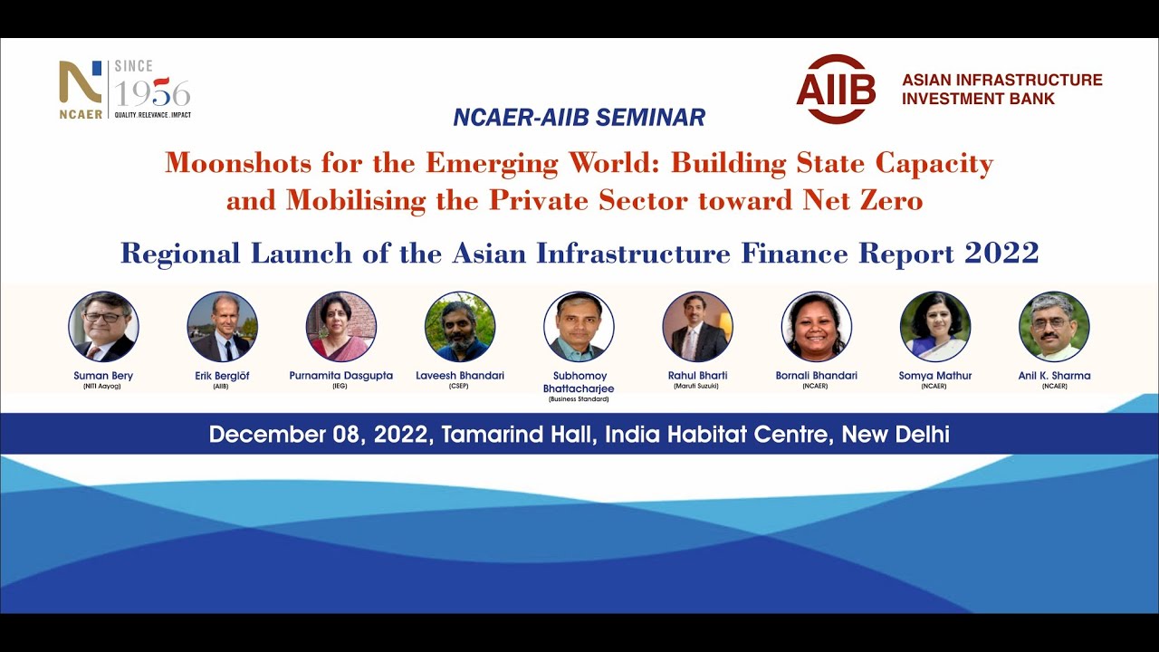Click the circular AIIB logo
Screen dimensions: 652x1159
click(x=836, y=89)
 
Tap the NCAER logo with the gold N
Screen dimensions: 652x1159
click(x=81, y=89)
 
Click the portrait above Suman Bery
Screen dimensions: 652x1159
click(x=103, y=326)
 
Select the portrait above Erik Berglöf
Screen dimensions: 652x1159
click(x=222, y=326)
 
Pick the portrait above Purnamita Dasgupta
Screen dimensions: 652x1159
click(x=340, y=326)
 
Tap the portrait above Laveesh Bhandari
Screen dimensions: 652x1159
click(x=460, y=326)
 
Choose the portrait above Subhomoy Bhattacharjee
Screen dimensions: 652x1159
click(x=579, y=326)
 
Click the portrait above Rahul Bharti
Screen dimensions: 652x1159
click(x=697, y=326)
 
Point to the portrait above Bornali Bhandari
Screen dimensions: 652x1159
click(x=816, y=326)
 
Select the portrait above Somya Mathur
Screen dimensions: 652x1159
click(x=935, y=326)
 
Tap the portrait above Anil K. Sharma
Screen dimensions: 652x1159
click(x=1054, y=326)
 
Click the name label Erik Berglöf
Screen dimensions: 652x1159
click(x=222, y=376)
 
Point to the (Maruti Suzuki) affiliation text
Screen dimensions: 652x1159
click(x=697, y=387)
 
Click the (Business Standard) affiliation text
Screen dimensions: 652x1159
click(x=579, y=398)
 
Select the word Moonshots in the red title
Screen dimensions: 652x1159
click(x=232, y=164)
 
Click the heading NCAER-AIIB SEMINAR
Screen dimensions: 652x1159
click(x=579, y=117)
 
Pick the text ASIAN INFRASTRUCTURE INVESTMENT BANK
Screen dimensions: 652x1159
click(x=1001, y=89)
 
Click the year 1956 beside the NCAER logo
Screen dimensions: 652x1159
click(x=152, y=93)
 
